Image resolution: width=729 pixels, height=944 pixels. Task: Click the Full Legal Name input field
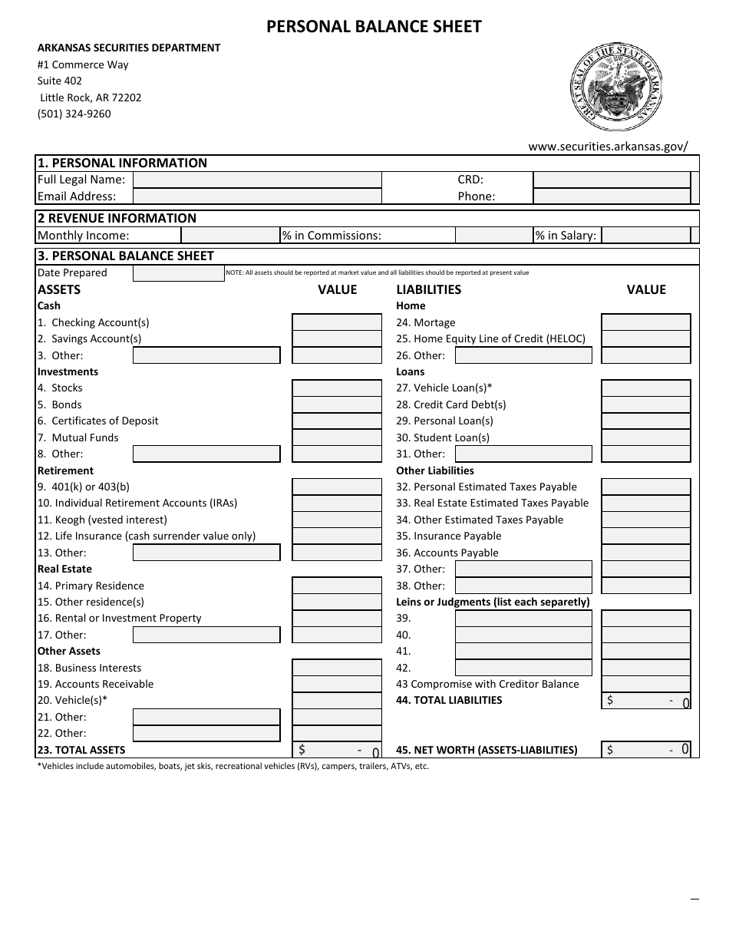[x=257, y=180]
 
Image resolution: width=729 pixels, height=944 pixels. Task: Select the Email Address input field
[x=257, y=196]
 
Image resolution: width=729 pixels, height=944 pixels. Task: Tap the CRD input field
[x=612, y=180]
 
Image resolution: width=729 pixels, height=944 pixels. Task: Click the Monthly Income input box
[x=230, y=236]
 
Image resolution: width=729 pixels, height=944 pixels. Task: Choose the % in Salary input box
[x=645, y=236]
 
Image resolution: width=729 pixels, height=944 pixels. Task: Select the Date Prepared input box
[x=178, y=273]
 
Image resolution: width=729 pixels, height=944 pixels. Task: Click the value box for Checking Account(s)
[x=337, y=322]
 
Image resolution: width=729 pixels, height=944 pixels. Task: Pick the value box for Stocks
[x=337, y=388]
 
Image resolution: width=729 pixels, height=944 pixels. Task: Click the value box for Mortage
[x=646, y=322]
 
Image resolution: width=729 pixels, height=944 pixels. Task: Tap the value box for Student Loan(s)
[x=646, y=437]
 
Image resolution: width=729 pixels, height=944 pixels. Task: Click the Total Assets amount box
[x=337, y=750]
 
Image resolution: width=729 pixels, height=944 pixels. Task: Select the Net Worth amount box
[x=646, y=750]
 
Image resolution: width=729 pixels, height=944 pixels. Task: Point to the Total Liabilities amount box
[x=646, y=700]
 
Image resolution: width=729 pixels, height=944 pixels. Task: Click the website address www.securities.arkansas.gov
[x=608, y=146]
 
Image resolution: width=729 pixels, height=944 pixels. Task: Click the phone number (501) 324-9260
[x=74, y=114]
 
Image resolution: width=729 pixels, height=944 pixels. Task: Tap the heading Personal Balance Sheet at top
[x=374, y=27]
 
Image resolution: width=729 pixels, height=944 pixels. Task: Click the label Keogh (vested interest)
[x=102, y=520]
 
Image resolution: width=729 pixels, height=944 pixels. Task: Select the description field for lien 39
[x=523, y=619]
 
